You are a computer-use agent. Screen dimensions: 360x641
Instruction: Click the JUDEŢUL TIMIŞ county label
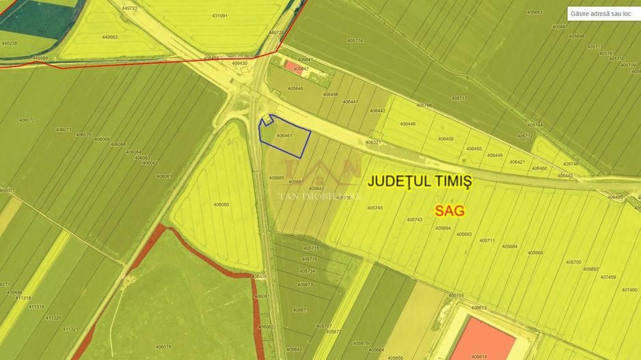pos(420,182)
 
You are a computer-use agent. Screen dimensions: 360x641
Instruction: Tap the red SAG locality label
pos(450,210)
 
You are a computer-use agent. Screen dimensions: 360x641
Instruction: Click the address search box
pos(602,13)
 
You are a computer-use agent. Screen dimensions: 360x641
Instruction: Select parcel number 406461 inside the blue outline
pos(284,136)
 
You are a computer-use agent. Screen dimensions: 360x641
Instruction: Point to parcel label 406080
pos(221,204)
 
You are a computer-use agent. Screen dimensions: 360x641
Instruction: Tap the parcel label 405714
pos(355,40)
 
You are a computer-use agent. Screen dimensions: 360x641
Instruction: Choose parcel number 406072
pos(27,120)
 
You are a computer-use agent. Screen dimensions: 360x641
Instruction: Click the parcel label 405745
pos(374,208)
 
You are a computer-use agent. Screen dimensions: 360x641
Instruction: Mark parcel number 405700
pos(573,262)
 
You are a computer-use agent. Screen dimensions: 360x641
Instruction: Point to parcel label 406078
pos(163,346)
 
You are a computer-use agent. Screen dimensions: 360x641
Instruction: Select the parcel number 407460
pos(629,290)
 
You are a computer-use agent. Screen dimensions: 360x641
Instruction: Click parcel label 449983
pos(109,37)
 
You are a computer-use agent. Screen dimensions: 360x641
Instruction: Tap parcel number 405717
pos(459,98)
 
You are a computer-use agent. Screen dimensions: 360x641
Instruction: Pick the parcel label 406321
pos(372,142)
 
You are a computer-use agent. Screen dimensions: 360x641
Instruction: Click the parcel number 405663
pos(534,12)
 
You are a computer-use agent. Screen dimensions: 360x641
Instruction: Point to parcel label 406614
pos(479,357)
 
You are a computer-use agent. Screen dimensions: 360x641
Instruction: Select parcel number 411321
pos(70,329)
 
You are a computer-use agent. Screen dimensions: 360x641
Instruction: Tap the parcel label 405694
pos(443,228)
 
